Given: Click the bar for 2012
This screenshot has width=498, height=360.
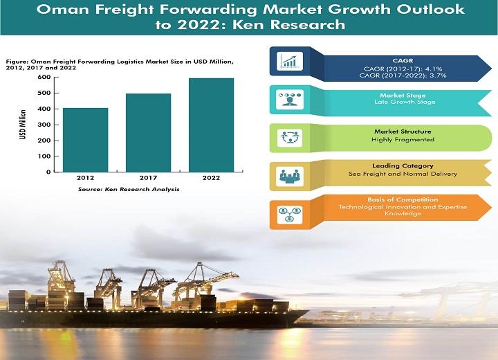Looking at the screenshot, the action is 86,140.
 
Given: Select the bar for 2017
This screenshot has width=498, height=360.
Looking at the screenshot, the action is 148,133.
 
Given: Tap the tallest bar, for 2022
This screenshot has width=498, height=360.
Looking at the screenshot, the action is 211,125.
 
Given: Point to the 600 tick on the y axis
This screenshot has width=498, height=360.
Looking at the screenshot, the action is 57,78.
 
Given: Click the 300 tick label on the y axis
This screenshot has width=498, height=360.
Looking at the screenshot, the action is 44,125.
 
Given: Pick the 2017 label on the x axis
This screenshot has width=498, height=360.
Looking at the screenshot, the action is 148,178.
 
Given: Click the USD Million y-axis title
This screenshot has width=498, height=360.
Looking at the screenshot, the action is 23,125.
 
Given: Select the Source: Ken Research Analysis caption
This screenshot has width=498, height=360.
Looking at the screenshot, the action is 129,189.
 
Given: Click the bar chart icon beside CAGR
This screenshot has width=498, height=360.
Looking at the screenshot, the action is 290,61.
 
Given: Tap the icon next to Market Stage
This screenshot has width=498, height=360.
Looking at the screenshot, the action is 290,99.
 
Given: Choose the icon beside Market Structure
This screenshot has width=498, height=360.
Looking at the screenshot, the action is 290,138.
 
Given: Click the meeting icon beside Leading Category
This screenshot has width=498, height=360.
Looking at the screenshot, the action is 290,176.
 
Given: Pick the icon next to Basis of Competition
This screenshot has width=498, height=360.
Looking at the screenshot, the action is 290,215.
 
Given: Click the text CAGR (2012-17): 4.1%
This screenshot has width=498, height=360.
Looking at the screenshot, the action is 403,69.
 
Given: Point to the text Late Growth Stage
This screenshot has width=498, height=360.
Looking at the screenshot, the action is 405,102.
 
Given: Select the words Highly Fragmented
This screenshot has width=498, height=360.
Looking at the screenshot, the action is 403,140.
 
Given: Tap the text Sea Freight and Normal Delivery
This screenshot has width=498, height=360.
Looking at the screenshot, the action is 403,174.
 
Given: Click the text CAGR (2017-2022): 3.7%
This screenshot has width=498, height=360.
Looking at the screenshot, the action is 403,75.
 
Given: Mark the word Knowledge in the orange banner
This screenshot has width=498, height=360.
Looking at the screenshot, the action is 403,213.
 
